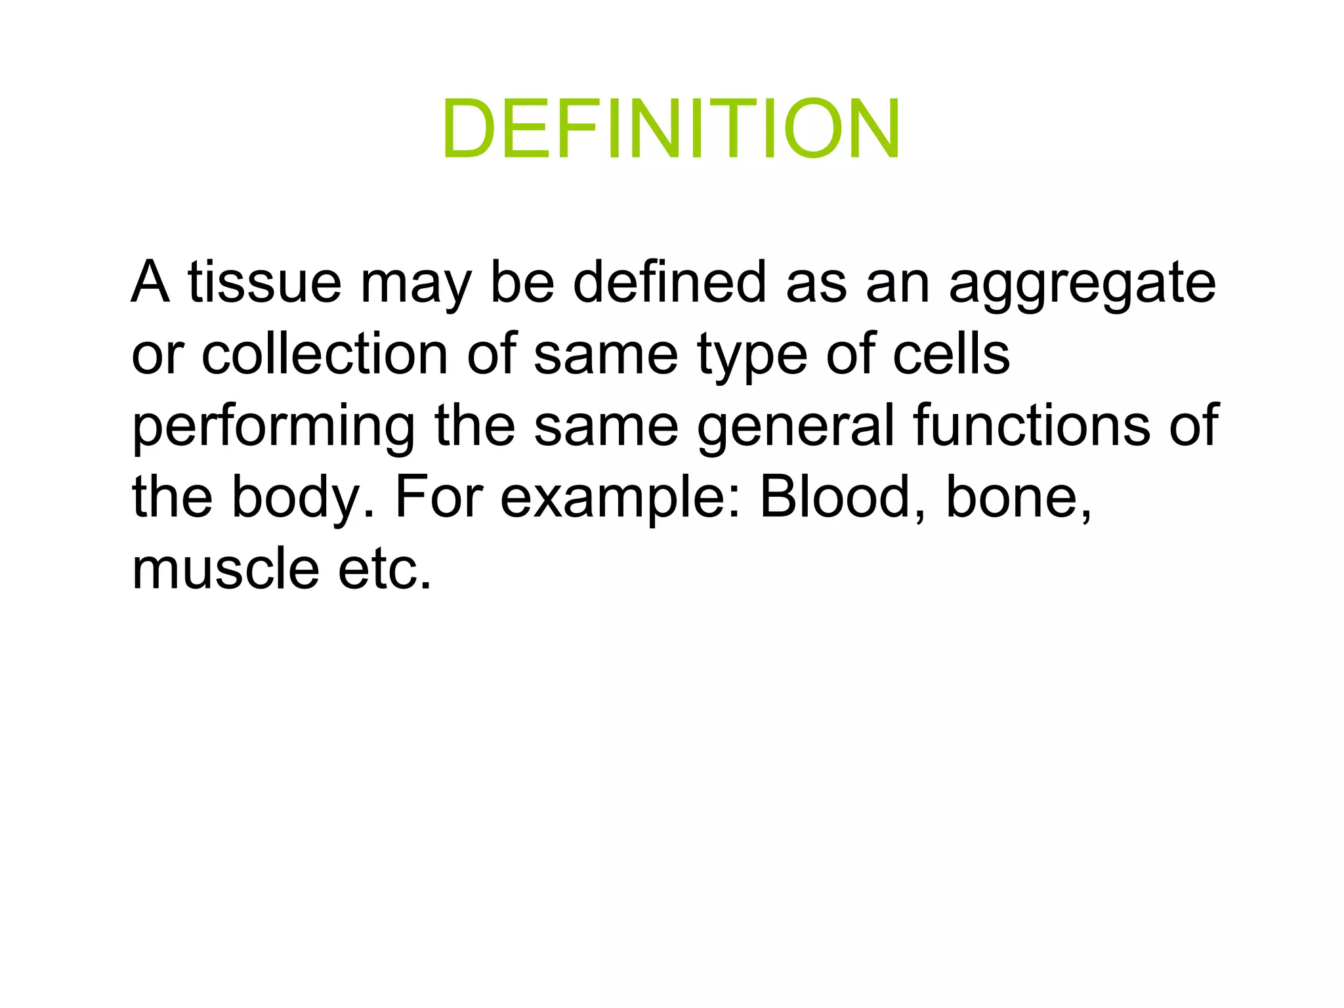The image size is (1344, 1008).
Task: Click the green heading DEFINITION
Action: pyautogui.click(x=671, y=129)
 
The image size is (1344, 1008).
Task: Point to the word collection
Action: pyautogui.click(x=325, y=354)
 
